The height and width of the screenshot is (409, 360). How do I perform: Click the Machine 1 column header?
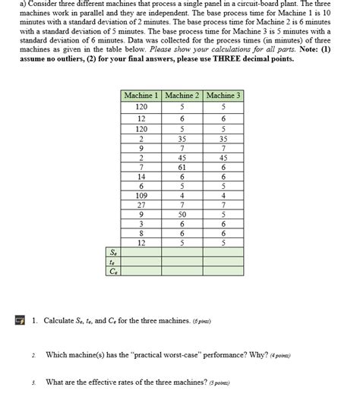(141, 96)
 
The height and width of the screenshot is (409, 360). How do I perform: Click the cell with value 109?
(141, 194)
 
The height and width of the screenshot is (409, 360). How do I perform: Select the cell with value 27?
(141, 204)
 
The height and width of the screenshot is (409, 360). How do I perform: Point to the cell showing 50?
(182, 214)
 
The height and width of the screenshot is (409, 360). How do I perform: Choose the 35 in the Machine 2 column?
(182, 139)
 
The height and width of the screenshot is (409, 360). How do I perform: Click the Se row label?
(113, 252)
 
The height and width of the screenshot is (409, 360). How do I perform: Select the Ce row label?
(113, 270)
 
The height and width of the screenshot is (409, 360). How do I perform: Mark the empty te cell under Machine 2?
(182, 261)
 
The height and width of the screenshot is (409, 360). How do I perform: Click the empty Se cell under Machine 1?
(141, 252)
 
